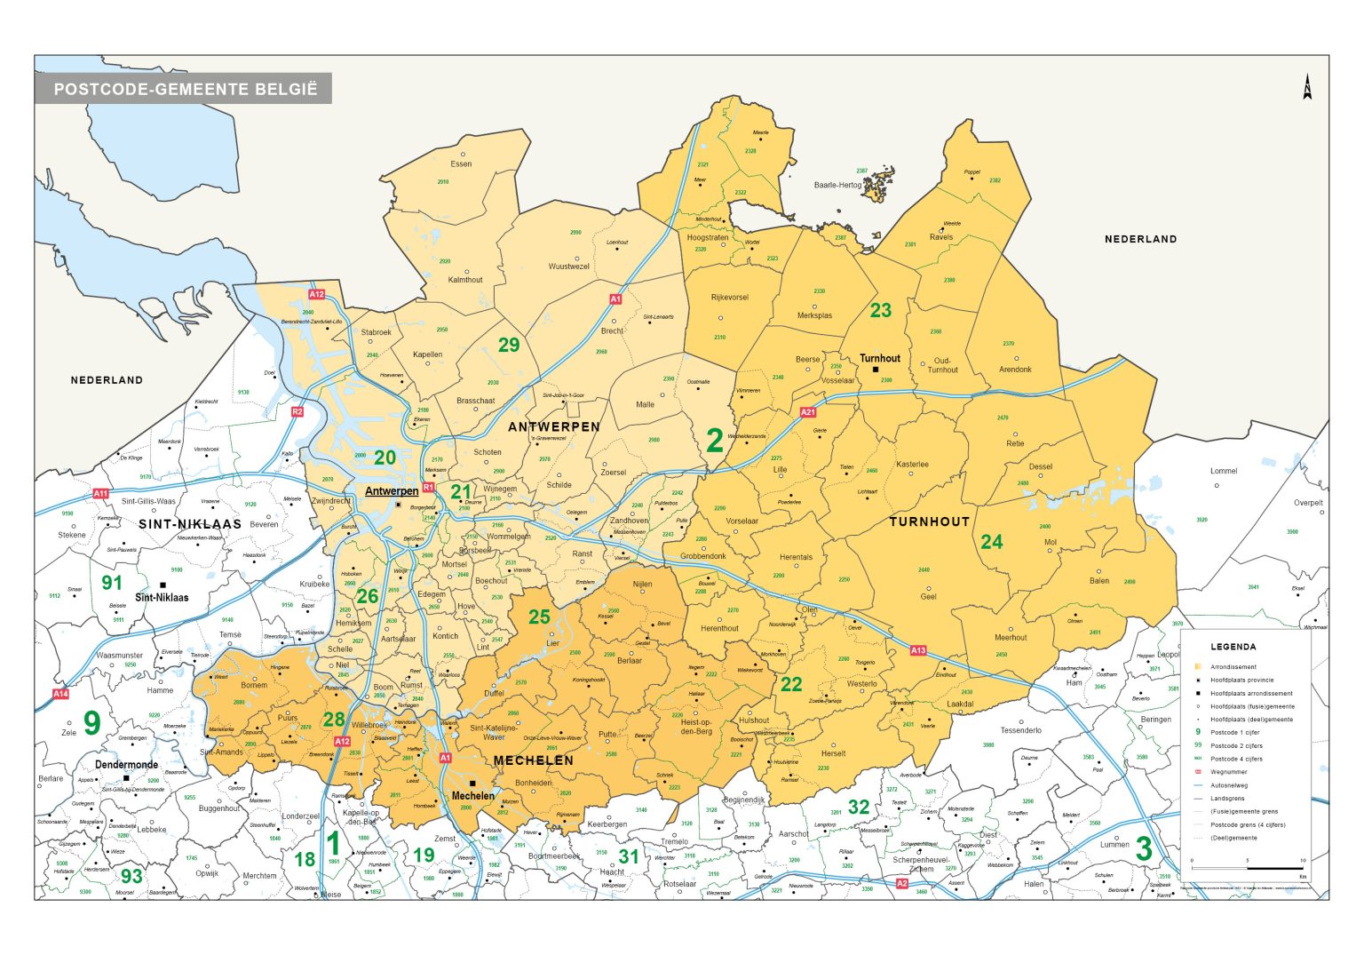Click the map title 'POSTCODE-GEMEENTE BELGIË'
tap(185, 89)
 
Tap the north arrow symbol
tap(1307, 87)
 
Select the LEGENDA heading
tap(1233, 647)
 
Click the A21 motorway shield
tap(807, 412)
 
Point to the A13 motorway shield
tap(917, 650)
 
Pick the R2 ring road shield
tap(297, 411)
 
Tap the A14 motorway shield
tap(60, 694)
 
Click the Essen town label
tap(461, 164)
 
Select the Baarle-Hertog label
tap(837, 186)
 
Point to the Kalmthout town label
tap(465, 280)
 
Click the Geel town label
tap(928, 597)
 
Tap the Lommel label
tap(1223, 471)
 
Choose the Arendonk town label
tap(1015, 370)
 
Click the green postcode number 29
tap(509, 345)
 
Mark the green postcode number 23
tap(880, 310)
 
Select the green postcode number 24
tap(991, 541)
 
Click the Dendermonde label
tap(126, 765)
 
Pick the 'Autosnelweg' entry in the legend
tap(1228, 785)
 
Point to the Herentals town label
tap(796, 558)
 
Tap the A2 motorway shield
tap(901, 883)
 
